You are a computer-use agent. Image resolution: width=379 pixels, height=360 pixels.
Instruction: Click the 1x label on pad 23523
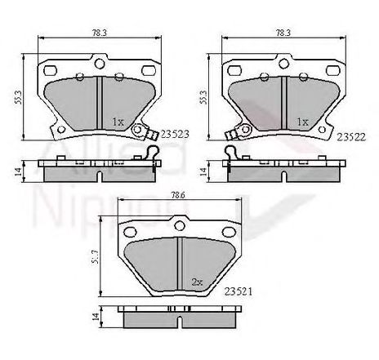tap(117, 122)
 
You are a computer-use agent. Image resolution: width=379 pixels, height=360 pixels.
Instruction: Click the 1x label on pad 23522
tap(301, 121)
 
